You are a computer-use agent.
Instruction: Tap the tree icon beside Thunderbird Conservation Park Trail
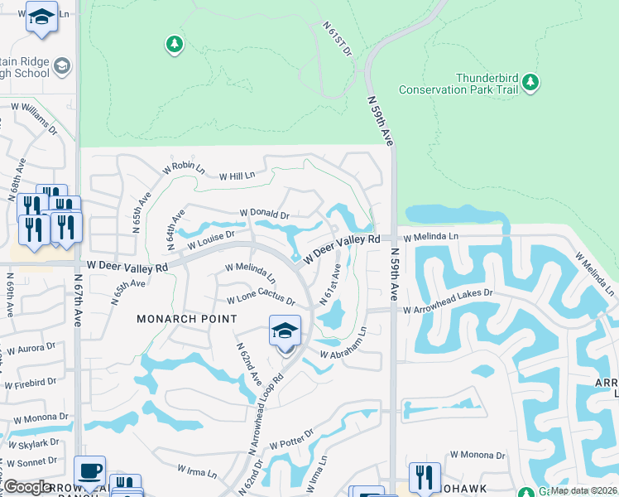530,83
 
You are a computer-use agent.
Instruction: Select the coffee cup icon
89,470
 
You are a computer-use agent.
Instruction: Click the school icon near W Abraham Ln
285,331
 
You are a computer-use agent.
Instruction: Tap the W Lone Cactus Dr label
262,299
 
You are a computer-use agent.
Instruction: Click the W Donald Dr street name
264,215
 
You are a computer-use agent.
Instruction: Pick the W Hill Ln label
238,176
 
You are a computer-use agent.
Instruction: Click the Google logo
27,487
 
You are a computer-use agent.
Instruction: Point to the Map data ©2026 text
583,490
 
